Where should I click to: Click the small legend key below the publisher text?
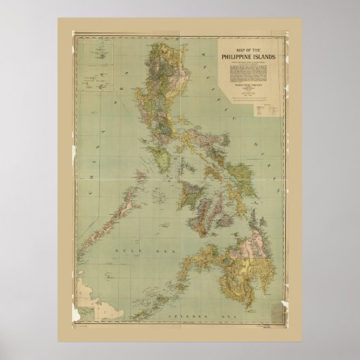(x=261, y=108)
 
